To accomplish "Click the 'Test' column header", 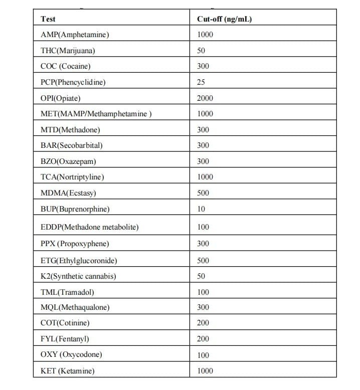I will point(48,19).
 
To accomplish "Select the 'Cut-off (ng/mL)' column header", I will point(224,19).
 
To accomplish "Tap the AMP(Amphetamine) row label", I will point(75,35).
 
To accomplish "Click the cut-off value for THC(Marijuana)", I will point(201,51).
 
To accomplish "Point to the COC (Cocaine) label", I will point(66,66).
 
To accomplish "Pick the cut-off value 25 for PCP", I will point(201,82).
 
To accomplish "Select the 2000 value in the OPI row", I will point(205,98).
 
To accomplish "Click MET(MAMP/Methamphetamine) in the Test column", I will point(96,114).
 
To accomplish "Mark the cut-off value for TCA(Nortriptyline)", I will point(205,176).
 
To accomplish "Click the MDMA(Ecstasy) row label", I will point(68,192).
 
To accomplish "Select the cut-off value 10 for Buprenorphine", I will point(201,209).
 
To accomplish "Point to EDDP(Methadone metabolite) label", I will point(90,227).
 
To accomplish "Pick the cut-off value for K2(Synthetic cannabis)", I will point(201,276).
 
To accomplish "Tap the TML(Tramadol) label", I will point(67,292).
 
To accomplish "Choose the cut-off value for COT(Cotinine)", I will point(203,323).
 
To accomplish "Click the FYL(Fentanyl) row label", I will point(65,339).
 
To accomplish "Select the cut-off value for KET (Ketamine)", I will point(205,371).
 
